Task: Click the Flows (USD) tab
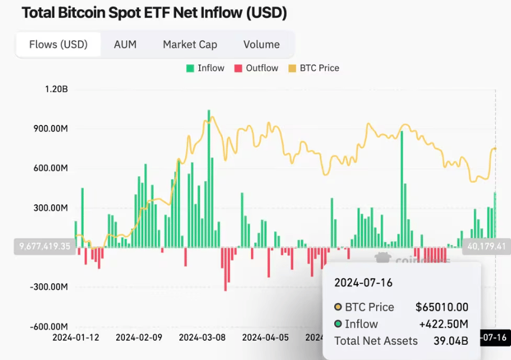[58, 44]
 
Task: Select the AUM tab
[125, 44]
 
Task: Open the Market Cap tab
[190, 44]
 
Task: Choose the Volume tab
[261, 44]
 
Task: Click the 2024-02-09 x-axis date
[139, 338]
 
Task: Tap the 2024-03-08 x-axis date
[202, 338]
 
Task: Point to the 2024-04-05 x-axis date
[265, 338]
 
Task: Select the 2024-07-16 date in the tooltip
[363, 283]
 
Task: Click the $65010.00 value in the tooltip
[441, 307]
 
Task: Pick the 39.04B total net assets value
[451, 341]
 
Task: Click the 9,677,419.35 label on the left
[45, 246]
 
